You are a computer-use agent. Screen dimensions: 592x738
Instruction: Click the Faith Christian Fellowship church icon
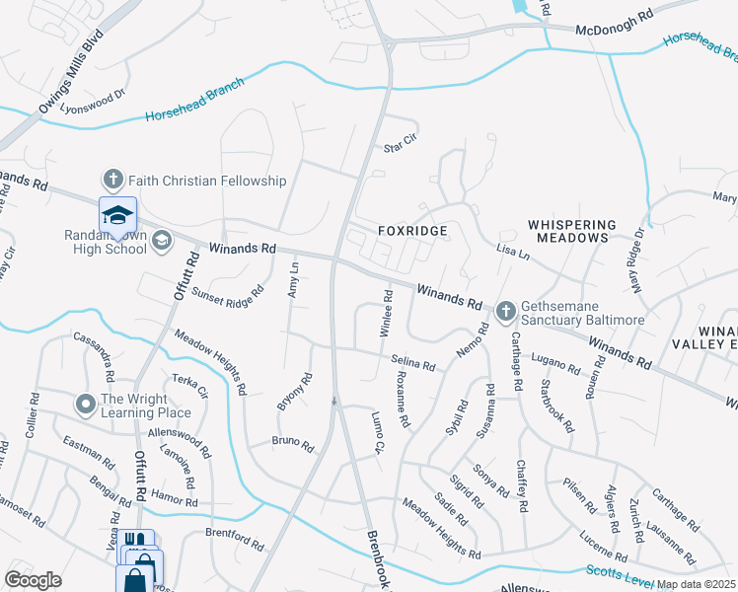[x=112, y=181]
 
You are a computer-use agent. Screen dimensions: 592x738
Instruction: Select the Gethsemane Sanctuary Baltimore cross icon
[x=505, y=312]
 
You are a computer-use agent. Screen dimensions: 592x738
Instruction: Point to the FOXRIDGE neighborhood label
[x=412, y=231]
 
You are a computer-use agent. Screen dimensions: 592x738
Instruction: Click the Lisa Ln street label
[x=513, y=253]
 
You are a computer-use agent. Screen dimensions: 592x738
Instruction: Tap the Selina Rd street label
[x=412, y=365]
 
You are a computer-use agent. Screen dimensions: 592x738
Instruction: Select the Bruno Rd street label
[x=292, y=446]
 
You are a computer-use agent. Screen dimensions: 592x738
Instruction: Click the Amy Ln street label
[x=293, y=279]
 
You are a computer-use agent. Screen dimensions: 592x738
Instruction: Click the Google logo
[x=33, y=580]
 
